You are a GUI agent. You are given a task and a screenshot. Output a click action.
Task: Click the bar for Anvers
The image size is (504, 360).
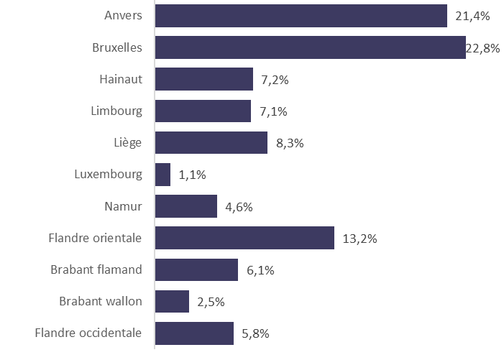pos(301,16)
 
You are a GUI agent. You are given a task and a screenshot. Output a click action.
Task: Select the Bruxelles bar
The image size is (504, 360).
pos(310,47)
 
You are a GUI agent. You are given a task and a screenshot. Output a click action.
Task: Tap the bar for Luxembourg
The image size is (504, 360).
pos(163,175)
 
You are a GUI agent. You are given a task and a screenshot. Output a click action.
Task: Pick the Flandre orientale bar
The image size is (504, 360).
pos(244,238)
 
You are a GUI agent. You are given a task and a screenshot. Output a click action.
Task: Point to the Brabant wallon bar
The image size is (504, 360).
pos(173,302)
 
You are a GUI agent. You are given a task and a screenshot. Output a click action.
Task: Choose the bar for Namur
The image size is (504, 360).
pos(186,206)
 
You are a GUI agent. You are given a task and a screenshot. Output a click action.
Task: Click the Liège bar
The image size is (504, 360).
pos(211,143)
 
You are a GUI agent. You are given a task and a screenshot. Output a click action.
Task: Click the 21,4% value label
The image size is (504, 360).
pos(472,16)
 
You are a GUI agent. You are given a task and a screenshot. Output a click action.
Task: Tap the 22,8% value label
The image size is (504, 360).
pos(484,48)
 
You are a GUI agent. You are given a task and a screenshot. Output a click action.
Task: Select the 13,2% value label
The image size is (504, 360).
pos(359,239)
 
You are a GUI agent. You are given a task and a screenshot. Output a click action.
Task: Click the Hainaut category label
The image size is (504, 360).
pos(121,79)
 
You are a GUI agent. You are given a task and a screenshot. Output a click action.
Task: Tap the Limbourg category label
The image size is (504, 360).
pos(116,111)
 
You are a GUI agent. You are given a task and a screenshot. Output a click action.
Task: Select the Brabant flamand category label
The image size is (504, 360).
pos(96,269)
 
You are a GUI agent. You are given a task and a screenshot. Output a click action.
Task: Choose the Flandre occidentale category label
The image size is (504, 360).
pos(88,333)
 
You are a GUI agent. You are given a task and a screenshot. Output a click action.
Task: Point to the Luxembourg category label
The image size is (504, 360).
pos(108,174)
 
